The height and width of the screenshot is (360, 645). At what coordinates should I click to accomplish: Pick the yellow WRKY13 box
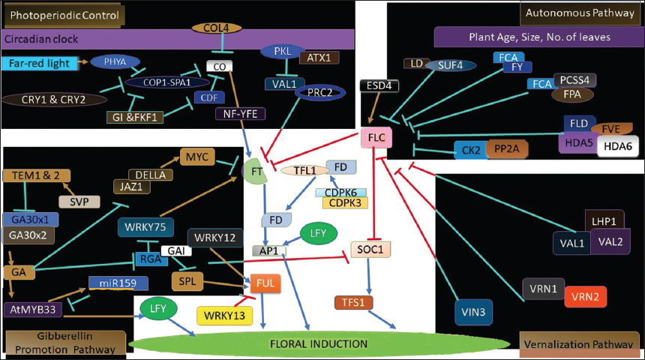tap(223, 316)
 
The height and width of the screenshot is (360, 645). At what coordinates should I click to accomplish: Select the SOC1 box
tap(371, 249)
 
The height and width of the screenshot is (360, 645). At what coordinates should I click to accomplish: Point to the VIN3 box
tap(473, 310)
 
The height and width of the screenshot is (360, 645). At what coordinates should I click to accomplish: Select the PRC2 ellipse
tap(318, 93)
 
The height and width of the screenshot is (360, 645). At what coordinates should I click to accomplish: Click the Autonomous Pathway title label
tap(579, 13)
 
